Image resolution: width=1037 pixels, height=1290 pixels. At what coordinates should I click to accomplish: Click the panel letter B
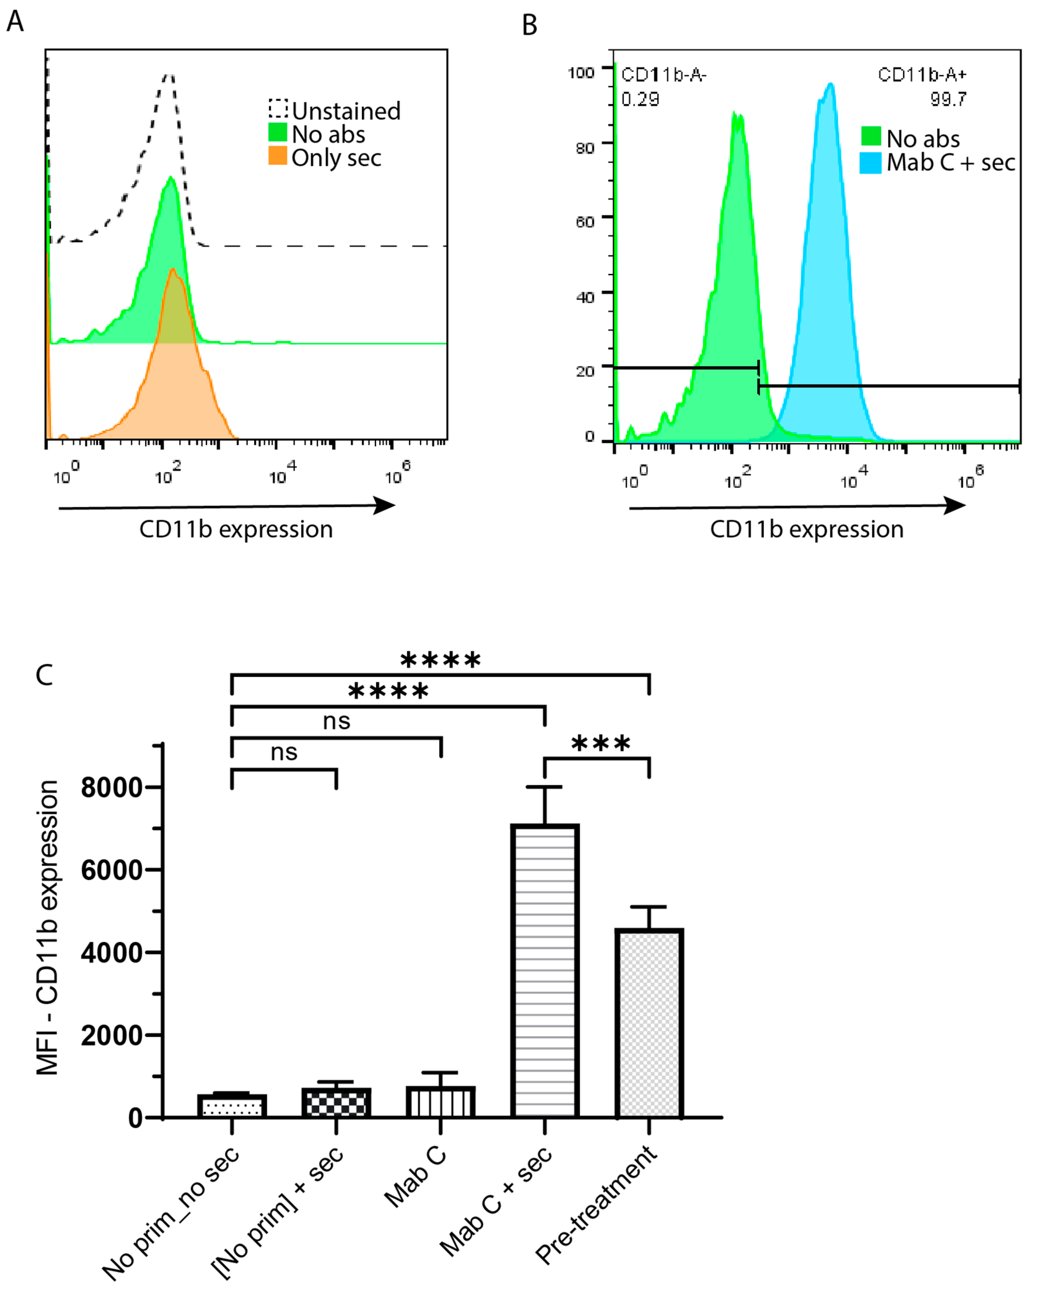pos(530,25)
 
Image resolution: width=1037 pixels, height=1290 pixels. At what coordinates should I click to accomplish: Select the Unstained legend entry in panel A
pos(335,111)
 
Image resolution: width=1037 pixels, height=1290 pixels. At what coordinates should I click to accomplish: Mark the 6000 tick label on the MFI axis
pos(112,870)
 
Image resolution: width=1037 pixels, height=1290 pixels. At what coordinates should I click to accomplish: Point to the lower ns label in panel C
pos(284,752)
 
